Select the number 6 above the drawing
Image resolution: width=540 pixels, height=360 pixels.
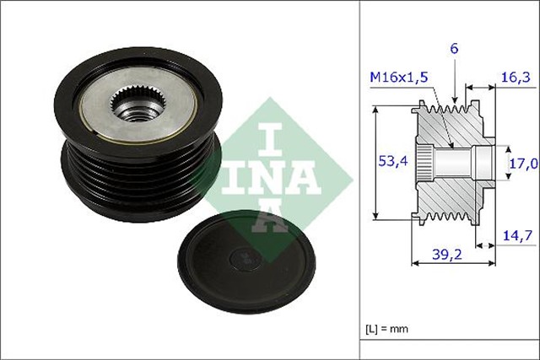coord(454,50)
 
